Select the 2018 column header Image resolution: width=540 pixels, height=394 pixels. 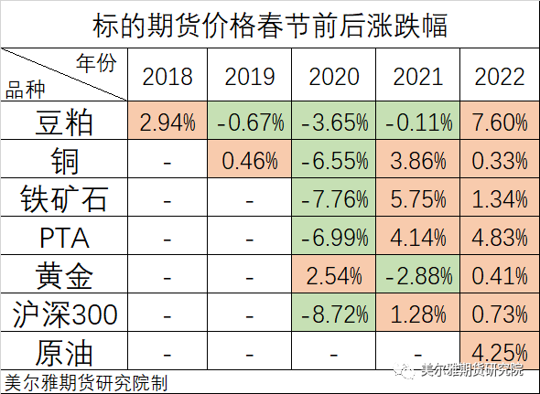pos(167,77)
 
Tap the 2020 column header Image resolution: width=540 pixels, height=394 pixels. pos(334,77)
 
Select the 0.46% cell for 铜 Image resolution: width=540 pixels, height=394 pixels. pos(250,161)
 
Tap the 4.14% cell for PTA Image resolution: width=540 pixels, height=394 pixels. pos(417,239)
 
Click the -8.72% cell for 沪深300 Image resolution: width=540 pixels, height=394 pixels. pos(334,315)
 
